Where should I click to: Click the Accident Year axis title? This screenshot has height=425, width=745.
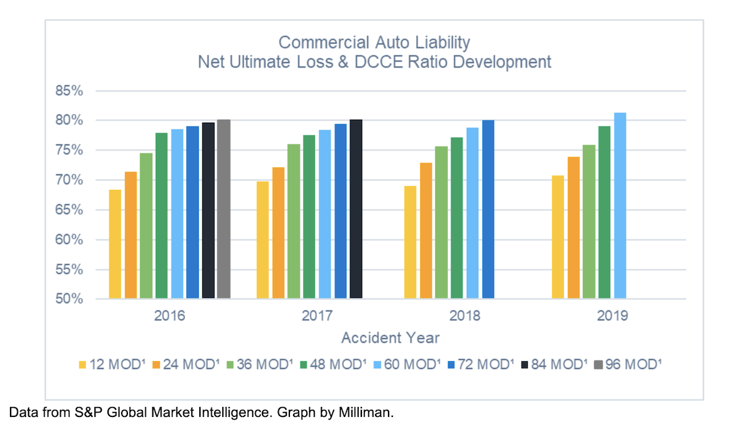[x=390, y=338]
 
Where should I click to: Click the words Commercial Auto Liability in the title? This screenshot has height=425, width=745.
[x=374, y=42]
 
